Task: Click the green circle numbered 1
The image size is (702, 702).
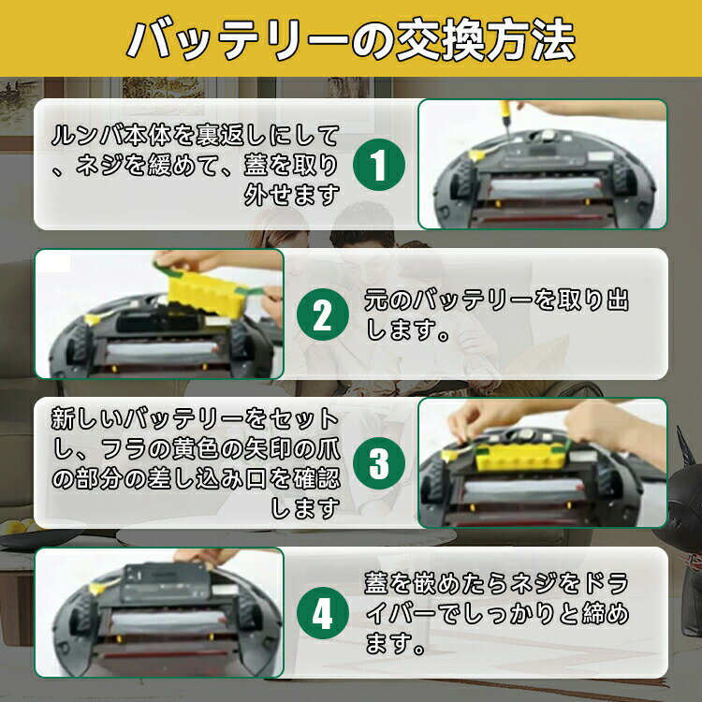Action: (379, 165)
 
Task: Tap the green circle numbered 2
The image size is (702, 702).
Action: (322, 314)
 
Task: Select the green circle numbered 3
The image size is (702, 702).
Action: (379, 463)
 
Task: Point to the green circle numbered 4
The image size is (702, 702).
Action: (322, 613)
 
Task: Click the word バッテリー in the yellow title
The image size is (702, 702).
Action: (237, 39)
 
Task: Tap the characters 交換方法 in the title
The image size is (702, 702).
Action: (486, 39)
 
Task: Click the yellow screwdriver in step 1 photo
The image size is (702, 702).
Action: (505, 115)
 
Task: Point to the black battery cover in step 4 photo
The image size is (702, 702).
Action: (167, 582)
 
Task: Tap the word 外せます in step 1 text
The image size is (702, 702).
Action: (291, 196)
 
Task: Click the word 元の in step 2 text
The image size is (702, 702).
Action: (388, 300)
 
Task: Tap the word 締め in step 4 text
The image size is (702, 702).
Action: (606, 613)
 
